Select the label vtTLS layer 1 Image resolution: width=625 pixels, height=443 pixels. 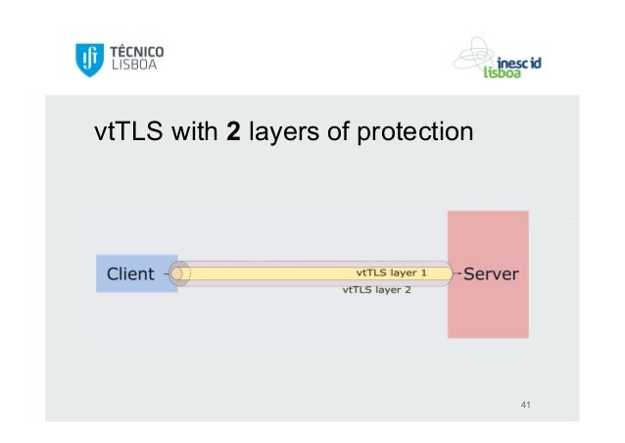(392, 273)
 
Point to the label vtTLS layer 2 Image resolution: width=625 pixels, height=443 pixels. (376, 290)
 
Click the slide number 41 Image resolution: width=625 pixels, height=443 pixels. (526, 405)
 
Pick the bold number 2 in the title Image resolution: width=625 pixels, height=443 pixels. (233, 130)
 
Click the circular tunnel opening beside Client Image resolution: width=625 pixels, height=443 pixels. (179, 273)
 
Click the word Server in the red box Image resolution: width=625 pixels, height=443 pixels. (491, 273)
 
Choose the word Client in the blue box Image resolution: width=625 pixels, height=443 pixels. (130, 273)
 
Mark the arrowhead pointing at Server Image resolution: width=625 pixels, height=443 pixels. (457, 273)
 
